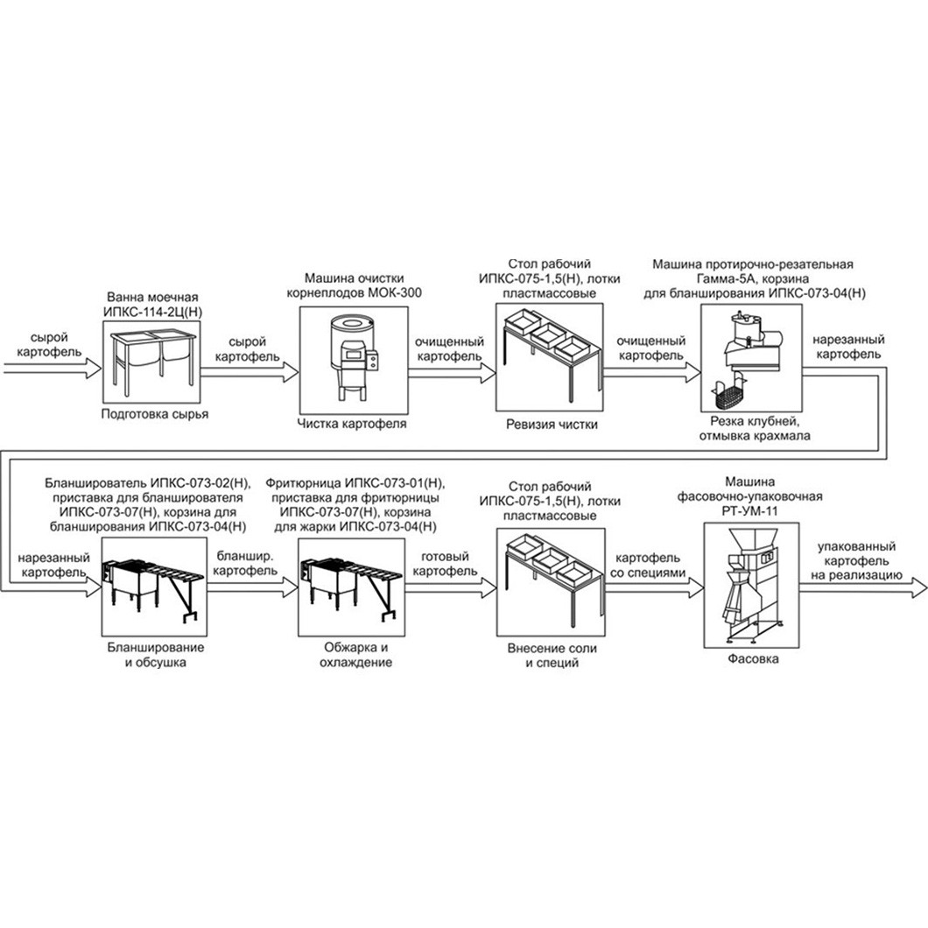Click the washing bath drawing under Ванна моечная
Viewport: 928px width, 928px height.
point(153,362)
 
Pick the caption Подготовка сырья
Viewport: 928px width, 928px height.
point(155,414)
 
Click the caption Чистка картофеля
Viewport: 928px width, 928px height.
point(352,424)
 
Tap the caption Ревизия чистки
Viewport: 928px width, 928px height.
point(552,425)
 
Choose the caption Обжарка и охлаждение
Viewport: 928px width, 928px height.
point(355,655)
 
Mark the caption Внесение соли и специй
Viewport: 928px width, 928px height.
point(552,656)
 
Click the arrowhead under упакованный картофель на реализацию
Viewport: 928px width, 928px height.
point(918,587)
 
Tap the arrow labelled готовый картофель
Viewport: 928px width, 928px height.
point(450,587)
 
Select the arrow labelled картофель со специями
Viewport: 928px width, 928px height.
point(655,587)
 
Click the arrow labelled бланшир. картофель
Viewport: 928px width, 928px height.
point(253,587)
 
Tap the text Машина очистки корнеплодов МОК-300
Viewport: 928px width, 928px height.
point(354,285)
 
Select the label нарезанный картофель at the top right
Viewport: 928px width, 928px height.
point(848,347)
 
